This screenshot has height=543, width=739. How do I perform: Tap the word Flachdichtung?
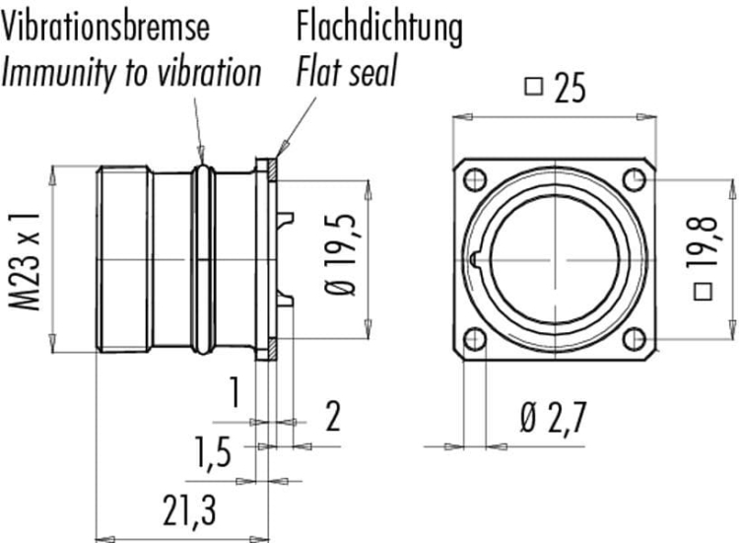point(379,28)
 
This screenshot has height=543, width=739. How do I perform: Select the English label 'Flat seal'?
point(347,71)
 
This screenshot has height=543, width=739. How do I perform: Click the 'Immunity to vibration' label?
point(131,72)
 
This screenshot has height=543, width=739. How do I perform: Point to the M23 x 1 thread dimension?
point(25,260)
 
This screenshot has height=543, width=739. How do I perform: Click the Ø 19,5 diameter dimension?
point(340,254)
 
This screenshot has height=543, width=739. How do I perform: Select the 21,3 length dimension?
point(189,510)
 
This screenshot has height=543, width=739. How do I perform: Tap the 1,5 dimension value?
point(214,452)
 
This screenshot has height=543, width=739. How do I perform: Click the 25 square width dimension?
point(556,87)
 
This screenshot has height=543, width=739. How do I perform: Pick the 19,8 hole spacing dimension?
point(703,257)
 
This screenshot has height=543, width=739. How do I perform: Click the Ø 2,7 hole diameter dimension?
point(554,417)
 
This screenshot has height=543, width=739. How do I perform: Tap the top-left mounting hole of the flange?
point(475,179)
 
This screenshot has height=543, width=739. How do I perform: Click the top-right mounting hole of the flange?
point(634,179)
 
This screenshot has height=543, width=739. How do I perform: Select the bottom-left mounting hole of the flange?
point(475,339)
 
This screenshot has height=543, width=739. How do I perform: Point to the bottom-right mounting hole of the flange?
point(634,339)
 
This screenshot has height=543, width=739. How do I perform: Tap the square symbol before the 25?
point(533,87)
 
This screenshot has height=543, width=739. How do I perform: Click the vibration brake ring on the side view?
point(203,259)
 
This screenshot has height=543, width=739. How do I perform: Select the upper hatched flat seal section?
point(272,170)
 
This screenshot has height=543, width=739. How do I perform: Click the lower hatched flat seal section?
point(272,349)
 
